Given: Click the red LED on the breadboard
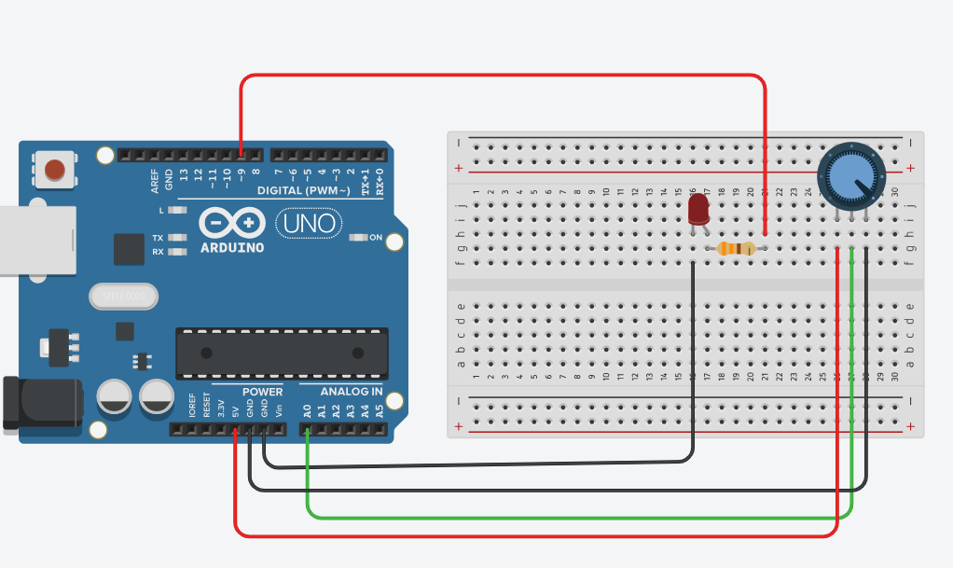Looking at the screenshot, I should (x=698, y=209).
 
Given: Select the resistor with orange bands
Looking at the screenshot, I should (x=735, y=248).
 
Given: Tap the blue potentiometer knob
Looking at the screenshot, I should (x=850, y=174).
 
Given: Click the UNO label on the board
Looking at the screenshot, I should (x=309, y=223).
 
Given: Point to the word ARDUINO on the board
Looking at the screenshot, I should (x=232, y=248).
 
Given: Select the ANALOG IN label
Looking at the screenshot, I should (x=352, y=392).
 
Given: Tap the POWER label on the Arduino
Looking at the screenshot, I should (x=262, y=392).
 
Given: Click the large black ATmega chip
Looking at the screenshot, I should (x=282, y=352).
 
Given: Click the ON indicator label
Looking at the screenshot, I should (x=376, y=238).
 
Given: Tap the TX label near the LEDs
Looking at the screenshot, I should (x=158, y=238).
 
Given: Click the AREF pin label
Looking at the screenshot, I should (x=155, y=180).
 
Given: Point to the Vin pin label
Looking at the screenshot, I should (x=278, y=409).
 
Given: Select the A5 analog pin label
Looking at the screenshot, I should (x=379, y=409).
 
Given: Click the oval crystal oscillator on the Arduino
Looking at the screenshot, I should (x=122, y=297).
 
